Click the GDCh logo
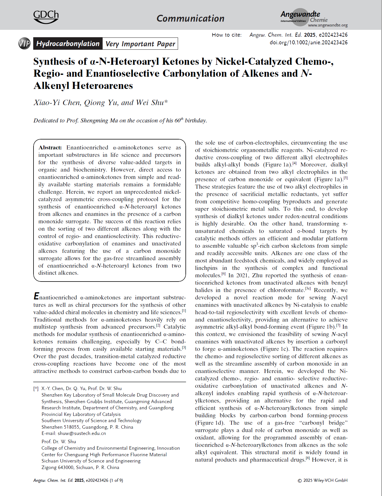tap(46, 17)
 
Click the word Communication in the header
tap(190, 18)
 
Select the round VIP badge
tap(24, 43)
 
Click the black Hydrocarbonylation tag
tap(68, 43)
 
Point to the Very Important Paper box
tap(140, 44)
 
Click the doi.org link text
tap(308, 43)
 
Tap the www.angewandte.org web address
tap(328, 25)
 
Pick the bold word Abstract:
tap(50, 148)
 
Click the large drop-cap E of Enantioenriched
tap(36, 296)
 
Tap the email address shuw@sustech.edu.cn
tap(82, 434)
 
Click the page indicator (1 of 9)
tap(116, 480)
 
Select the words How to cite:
tap(227, 35)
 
